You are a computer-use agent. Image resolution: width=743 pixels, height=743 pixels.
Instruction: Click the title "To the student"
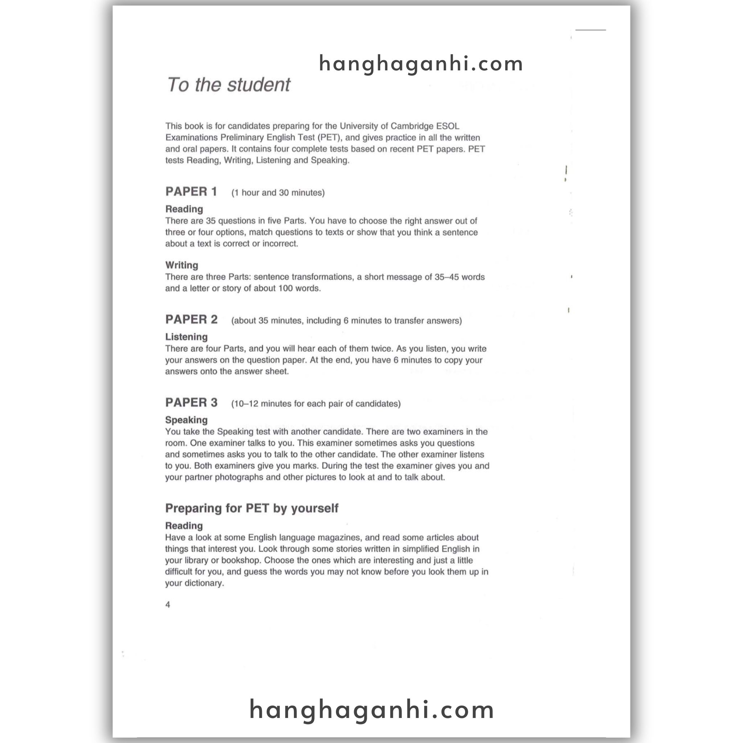coord(229,85)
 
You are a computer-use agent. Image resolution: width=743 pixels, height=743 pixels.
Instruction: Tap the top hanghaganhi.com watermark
coord(421,64)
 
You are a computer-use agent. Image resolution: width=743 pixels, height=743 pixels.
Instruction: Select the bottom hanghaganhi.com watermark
coord(371,710)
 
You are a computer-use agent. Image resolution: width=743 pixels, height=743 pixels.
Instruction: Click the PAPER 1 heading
coord(191,192)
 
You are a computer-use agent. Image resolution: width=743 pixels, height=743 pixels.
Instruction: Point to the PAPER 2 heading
coord(191,319)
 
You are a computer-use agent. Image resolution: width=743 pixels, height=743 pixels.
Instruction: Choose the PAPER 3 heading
coord(191,402)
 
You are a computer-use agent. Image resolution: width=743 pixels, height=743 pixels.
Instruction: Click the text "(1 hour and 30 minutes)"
coord(278,193)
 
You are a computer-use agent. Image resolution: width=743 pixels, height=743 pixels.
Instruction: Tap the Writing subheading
coord(181,265)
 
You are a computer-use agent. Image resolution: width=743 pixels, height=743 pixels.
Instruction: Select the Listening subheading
coord(186,337)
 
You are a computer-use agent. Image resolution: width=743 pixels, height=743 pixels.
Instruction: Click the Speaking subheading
coord(186,420)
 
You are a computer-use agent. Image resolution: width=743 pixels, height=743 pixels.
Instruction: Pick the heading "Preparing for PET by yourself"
coord(251,508)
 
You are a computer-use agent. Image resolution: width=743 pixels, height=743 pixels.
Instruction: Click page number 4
coord(168,604)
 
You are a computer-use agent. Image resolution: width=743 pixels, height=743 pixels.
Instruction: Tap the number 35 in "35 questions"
coord(211,221)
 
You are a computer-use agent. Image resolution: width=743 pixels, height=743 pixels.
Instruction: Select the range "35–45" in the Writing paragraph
coord(447,277)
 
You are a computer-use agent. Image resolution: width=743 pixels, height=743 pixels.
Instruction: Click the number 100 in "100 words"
coord(286,288)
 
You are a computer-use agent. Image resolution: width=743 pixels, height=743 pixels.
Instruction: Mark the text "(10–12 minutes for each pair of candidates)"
coord(316,404)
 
